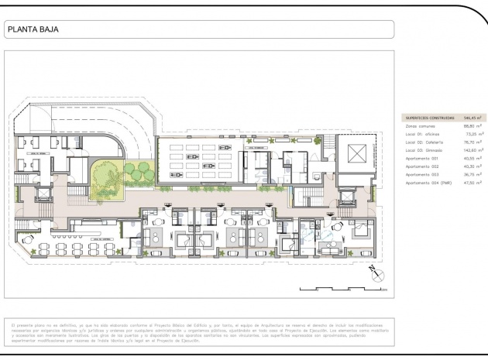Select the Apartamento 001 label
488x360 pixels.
[x=422, y=159]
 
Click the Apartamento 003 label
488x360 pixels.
[x=422, y=175]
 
